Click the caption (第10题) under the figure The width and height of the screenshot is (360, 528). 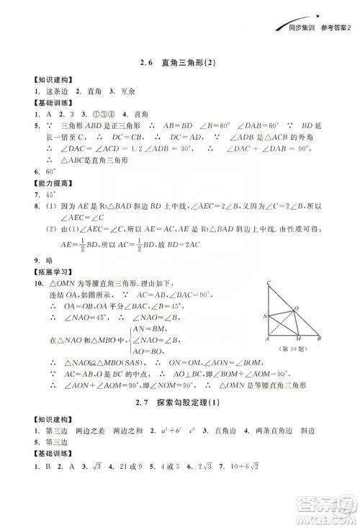coord(292,351)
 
